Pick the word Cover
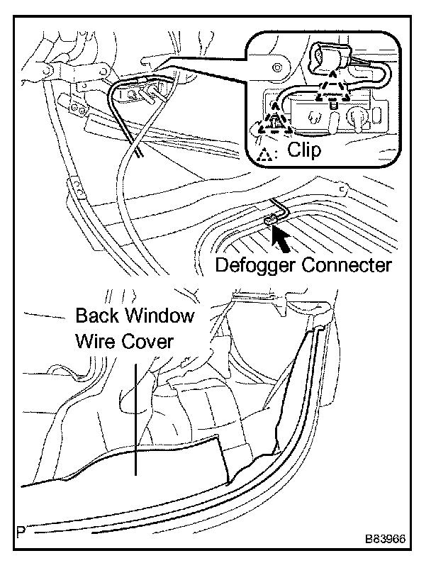point(150,341)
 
